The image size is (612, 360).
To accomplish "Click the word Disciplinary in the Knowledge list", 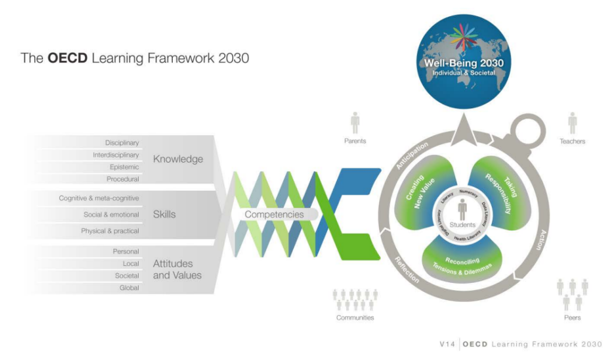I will tap(122, 143).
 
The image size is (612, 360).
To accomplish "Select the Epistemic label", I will tap(124, 167).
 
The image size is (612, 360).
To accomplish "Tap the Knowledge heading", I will tap(178, 159).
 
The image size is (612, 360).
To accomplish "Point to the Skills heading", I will tap(164, 214).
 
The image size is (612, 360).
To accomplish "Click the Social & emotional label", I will tap(111, 214).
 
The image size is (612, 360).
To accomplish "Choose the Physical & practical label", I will tap(110, 231).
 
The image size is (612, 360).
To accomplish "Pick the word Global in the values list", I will tap(129, 288).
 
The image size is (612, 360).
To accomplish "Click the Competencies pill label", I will tap(274, 214).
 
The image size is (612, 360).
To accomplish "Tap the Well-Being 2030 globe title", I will tap(464, 63).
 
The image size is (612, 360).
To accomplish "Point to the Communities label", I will tap(355, 318).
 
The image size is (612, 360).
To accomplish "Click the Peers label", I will tap(572, 318).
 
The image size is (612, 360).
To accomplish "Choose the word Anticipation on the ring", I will tap(412, 155).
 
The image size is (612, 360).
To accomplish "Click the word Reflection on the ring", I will tap(407, 269).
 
